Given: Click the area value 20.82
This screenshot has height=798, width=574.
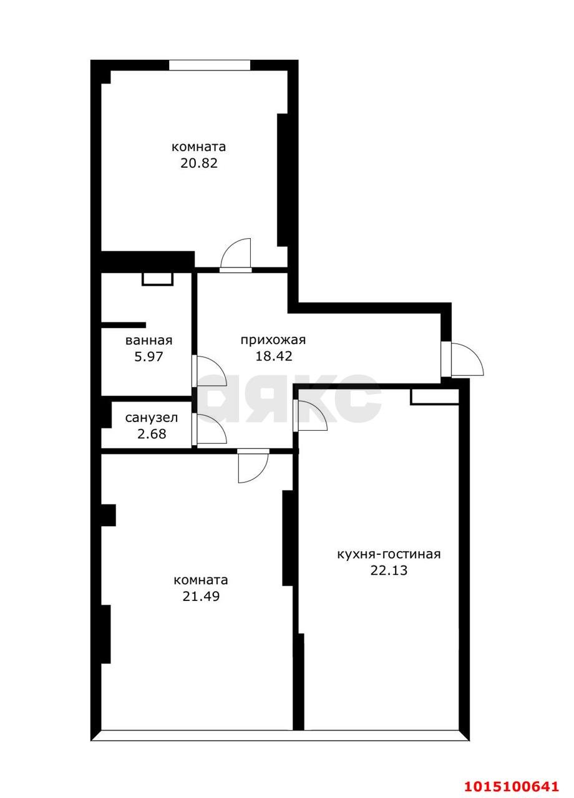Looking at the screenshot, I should (198, 164).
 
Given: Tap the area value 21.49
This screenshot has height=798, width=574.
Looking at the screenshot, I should (200, 596).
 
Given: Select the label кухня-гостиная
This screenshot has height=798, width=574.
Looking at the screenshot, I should (389, 554).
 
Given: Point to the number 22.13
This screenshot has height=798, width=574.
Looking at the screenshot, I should (389, 570).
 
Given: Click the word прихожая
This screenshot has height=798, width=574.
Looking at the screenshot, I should (273, 340).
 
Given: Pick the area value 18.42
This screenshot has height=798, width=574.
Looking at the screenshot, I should (273, 356).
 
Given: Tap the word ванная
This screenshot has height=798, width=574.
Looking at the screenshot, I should (148, 340).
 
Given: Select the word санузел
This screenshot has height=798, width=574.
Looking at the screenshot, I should (152, 418).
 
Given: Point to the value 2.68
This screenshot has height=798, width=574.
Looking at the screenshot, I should (152, 434).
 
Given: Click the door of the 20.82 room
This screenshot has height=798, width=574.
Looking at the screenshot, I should (237, 256).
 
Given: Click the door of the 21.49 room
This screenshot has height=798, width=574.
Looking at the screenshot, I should (253, 465).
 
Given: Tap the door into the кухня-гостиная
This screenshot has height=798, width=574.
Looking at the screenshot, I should (310, 415).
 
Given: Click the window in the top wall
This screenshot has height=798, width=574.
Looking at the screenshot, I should (209, 65).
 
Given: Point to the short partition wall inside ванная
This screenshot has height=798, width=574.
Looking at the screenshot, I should (124, 325).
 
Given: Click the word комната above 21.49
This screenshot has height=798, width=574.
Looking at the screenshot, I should (200, 580).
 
